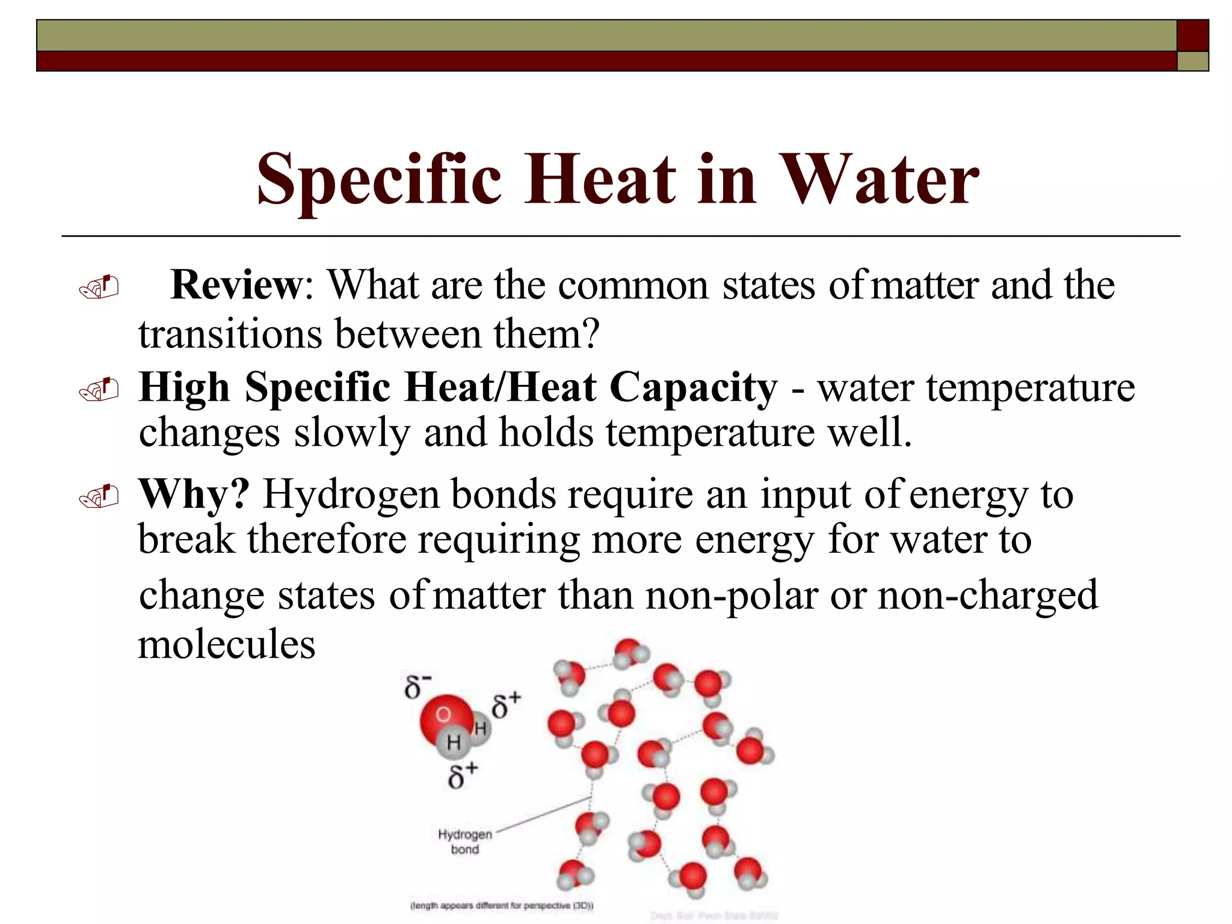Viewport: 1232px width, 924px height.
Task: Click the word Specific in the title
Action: tap(379, 179)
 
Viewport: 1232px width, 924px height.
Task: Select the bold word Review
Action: tap(236, 285)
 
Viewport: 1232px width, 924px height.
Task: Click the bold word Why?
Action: tap(194, 494)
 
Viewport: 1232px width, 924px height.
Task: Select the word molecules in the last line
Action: tap(227, 644)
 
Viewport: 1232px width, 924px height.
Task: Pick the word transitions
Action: tap(230, 334)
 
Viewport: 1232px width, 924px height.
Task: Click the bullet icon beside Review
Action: tap(99, 288)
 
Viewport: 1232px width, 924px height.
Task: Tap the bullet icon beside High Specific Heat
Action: tap(99, 390)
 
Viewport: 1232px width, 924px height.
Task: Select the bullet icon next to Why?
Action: tap(99, 497)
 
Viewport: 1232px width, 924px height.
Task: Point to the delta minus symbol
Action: tap(417, 686)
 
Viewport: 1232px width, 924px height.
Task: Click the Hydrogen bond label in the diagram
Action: tap(465, 842)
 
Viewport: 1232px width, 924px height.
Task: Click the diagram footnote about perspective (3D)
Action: tap(502, 905)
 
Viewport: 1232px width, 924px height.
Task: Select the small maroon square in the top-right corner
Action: tap(1192, 35)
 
